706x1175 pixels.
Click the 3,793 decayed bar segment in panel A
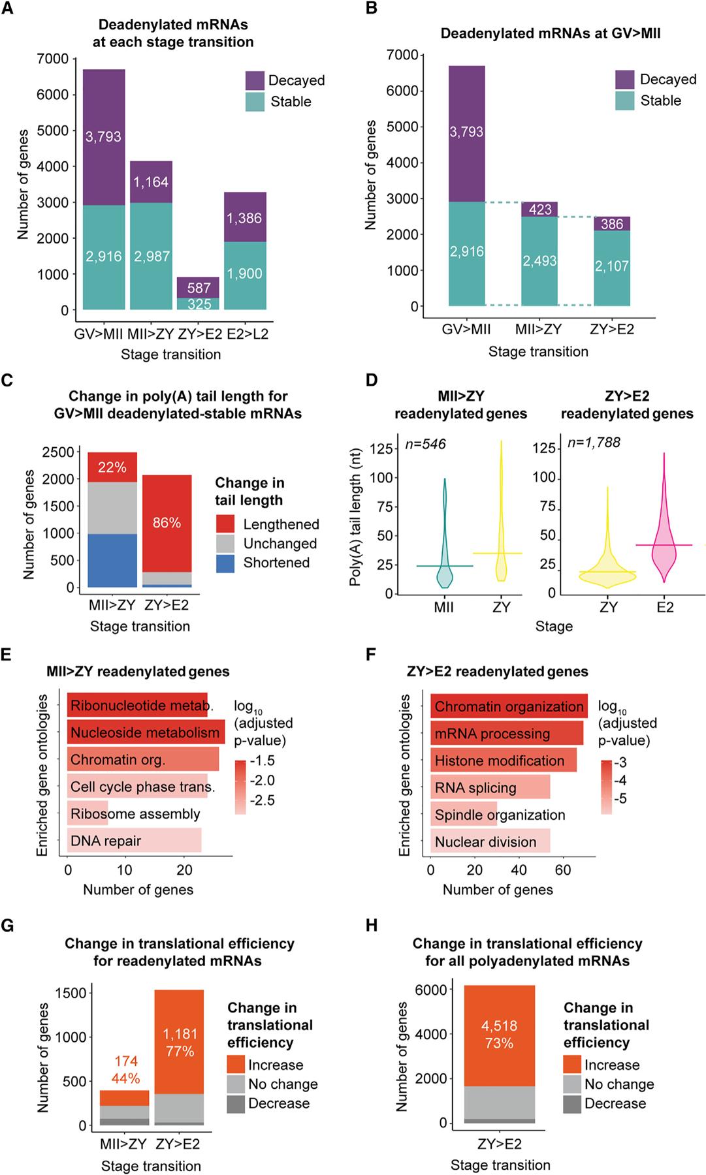click(104, 137)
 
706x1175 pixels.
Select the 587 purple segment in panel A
click(199, 288)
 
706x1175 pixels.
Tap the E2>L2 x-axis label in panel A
click(248, 334)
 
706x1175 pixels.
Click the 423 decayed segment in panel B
click(539, 210)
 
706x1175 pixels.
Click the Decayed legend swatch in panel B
click(625, 80)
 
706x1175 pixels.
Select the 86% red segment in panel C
click(167, 523)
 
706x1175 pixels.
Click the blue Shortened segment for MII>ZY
click(112, 560)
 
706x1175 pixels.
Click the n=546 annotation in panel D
click(425, 445)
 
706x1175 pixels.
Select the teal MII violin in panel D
click(445, 568)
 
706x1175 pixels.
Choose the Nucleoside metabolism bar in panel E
click(146, 732)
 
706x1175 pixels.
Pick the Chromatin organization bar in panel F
click(509, 706)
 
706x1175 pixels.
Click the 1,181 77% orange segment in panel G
click(179, 1042)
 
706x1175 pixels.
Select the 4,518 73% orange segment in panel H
click(499, 1035)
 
